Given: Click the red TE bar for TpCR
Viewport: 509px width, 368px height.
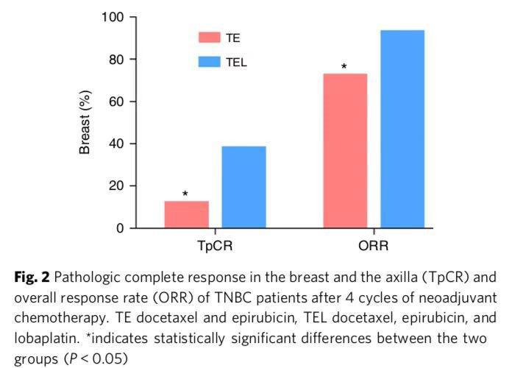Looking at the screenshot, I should (x=186, y=214).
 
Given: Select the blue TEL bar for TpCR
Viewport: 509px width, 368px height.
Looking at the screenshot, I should (x=243, y=187).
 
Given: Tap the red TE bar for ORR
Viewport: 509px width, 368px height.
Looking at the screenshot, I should (x=345, y=151).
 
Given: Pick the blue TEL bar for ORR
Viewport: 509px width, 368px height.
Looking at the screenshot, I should (x=402, y=129).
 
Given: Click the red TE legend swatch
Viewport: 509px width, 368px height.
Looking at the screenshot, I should (x=210, y=38).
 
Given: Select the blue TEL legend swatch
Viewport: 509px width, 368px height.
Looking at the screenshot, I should (x=210, y=62).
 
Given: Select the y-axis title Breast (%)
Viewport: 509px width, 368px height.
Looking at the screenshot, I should (x=85, y=122).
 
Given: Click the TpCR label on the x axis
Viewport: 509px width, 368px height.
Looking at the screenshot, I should (x=215, y=246).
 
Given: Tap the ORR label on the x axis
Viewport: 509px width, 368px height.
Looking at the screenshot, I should (x=373, y=246).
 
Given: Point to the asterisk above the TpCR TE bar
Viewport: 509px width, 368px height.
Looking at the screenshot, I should (x=185, y=195).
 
